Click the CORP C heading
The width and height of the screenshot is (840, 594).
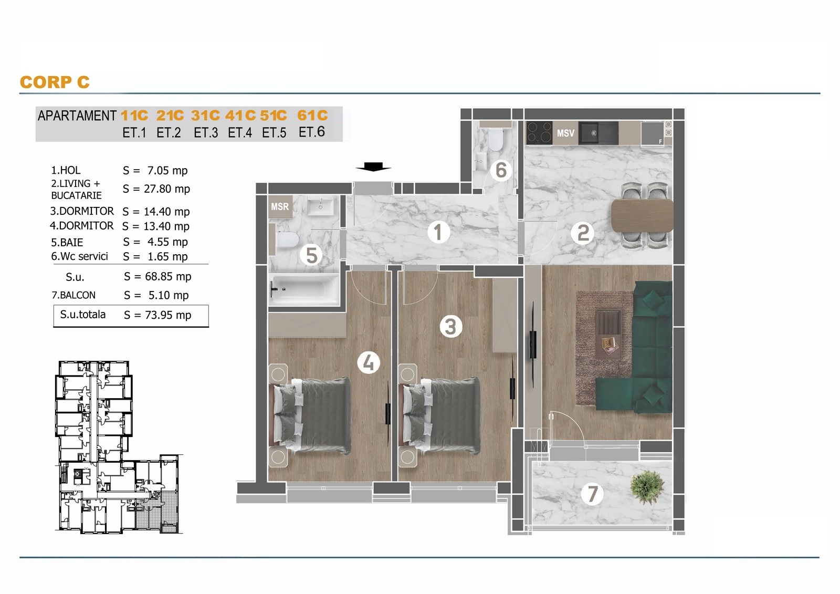coord(55,82)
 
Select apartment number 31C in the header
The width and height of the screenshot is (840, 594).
coord(205,115)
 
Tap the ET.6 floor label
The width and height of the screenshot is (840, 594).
coord(312,132)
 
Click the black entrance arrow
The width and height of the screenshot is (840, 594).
coord(373,166)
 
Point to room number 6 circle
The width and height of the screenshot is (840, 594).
coord(501,170)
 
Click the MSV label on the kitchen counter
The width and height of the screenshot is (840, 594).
coord(565,133)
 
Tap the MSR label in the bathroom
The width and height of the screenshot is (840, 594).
coord(280,206)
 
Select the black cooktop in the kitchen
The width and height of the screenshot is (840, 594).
coord(539,133)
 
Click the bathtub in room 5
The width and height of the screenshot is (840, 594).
coord(304,289)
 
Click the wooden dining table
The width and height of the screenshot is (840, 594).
coord(642,216)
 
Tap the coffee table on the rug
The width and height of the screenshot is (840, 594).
coord(608,335)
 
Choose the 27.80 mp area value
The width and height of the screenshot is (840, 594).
coord(167,189)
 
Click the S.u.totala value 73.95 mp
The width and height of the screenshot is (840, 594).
coord(168,315)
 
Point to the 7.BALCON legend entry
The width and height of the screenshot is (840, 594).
coord(73,295)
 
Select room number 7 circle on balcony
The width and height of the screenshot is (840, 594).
coord(592,494)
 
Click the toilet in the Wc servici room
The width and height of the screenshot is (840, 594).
coord(495,140)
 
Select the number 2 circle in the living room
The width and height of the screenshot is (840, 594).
coord(582,233)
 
